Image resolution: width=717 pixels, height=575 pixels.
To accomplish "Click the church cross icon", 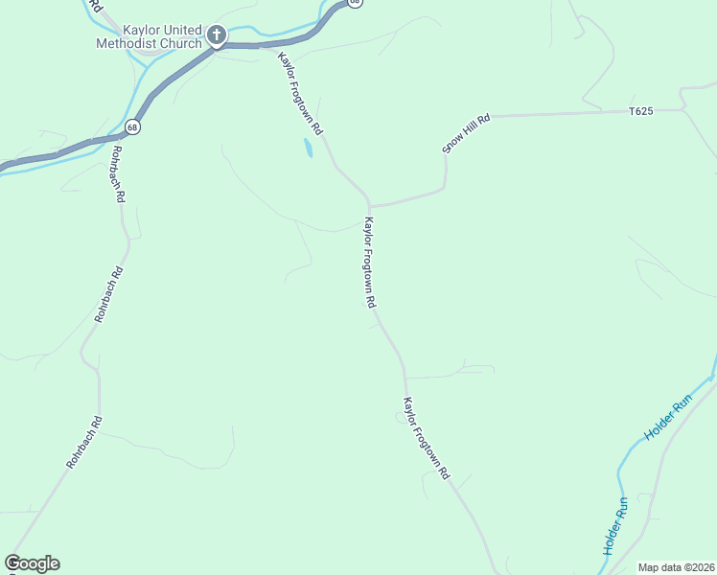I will (217, 37).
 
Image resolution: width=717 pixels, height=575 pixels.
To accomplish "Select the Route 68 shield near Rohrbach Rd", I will (132, 126).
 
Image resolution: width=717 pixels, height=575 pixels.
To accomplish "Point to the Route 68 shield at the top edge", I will (355, 3).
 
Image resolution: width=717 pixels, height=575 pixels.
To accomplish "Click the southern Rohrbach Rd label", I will (84, 442).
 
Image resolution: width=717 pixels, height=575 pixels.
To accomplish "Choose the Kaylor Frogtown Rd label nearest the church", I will (301, 94).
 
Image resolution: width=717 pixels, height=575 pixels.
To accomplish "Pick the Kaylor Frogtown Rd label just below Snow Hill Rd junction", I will (368, 262).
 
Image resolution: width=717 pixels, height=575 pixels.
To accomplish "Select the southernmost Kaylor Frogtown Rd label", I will (426, 438).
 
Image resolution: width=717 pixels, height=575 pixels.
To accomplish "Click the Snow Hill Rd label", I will (466, 133).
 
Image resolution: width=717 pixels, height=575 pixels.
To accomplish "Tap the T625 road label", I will (641, 112).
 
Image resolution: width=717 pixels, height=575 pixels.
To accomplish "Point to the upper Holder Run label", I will (667, 420).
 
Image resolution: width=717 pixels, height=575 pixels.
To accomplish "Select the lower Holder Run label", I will (614, 526).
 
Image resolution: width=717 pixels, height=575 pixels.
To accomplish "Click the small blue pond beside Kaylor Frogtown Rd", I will (308, 148).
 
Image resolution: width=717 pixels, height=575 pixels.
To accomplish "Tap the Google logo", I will (32, 563).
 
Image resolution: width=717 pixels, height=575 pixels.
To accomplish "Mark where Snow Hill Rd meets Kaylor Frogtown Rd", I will (368, 205).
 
